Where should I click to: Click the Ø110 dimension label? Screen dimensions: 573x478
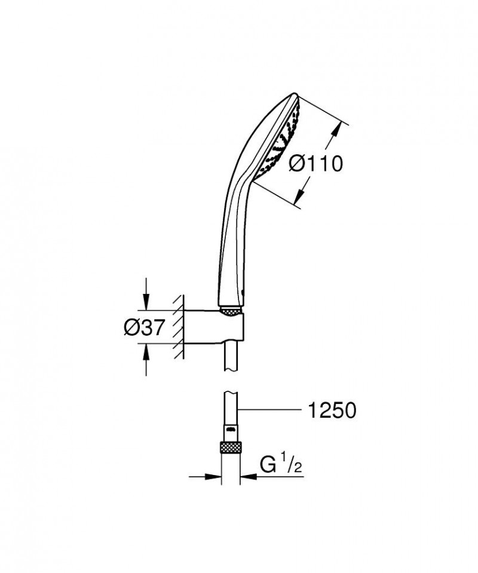316,163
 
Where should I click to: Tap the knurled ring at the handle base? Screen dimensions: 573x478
231,309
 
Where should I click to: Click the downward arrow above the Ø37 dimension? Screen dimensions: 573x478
146,302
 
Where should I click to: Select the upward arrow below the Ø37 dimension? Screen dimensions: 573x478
146,357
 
